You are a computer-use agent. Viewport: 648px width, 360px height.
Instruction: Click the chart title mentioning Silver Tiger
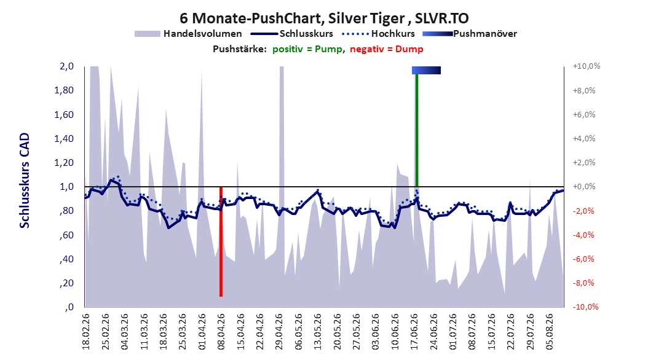coord(324,18)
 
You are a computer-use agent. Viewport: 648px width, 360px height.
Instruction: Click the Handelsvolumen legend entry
coord(188,34)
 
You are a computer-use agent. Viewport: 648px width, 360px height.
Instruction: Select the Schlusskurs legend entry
coord(292,34)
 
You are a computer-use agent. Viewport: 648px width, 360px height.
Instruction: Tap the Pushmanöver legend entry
coord(470,34)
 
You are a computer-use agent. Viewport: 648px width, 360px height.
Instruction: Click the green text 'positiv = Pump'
coord(307,49)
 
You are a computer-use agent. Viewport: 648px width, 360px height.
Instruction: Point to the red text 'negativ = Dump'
coord(387,49)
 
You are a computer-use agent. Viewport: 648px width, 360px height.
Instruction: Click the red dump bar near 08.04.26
coord(221,241)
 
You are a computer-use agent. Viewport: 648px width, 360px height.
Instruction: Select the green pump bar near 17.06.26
coord(417,130)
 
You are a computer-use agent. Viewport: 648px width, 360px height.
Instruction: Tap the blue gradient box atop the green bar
coord(426,70)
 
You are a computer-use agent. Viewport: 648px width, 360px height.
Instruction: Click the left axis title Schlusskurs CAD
coord(25,181)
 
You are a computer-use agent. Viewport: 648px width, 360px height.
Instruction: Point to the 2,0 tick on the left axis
coord(66,66)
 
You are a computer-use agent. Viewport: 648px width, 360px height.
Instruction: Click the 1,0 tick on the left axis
coord(66,187)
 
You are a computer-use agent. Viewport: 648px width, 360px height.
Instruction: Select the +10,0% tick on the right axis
coord(587,66)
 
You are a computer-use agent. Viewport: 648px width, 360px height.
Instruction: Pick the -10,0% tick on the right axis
coord(585,307)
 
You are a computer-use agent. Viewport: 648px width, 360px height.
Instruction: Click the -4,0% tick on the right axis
coord(584,235)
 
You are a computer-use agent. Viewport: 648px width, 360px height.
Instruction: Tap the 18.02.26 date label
coord(85,332)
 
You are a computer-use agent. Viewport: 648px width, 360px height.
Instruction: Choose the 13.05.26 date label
coord(317,332)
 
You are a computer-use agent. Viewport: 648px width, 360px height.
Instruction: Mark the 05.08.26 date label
coord(549,332)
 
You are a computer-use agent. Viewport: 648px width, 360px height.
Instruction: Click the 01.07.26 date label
coord(452,332)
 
